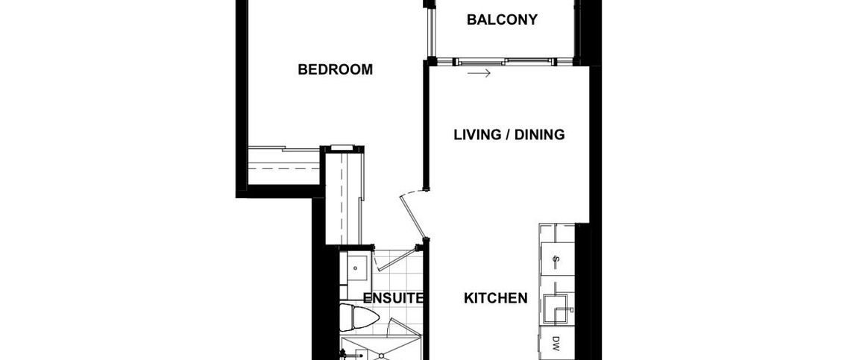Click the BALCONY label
(x=502, y=20)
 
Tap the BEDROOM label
(x=335, y=70)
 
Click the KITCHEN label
(x=496, y=298)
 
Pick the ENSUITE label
(x=393, y=298)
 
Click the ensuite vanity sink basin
(x=357, y=265)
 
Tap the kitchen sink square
(x=556, y=308)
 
